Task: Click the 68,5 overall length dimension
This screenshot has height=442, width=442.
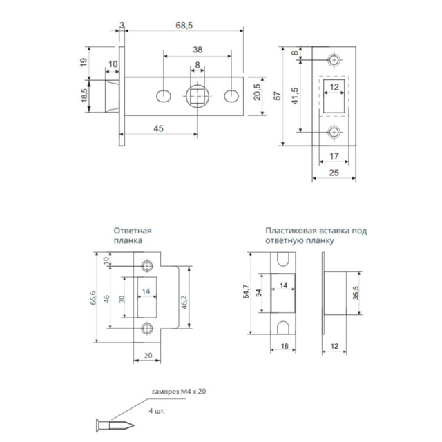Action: pyautogui.click(x=183, y=25)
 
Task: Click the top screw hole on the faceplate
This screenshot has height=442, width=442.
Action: pyautogui.click(x=334, y=61)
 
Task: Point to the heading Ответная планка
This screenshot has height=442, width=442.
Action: pyautogui.click(x=133, y=236)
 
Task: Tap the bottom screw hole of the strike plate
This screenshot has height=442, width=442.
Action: pyautogui.click(x=146, y=328)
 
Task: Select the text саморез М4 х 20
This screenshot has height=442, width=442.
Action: pyautogui.click(x=180, y=392)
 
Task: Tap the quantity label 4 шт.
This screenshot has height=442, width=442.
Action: pyautogui.click(x=157, y=410)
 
